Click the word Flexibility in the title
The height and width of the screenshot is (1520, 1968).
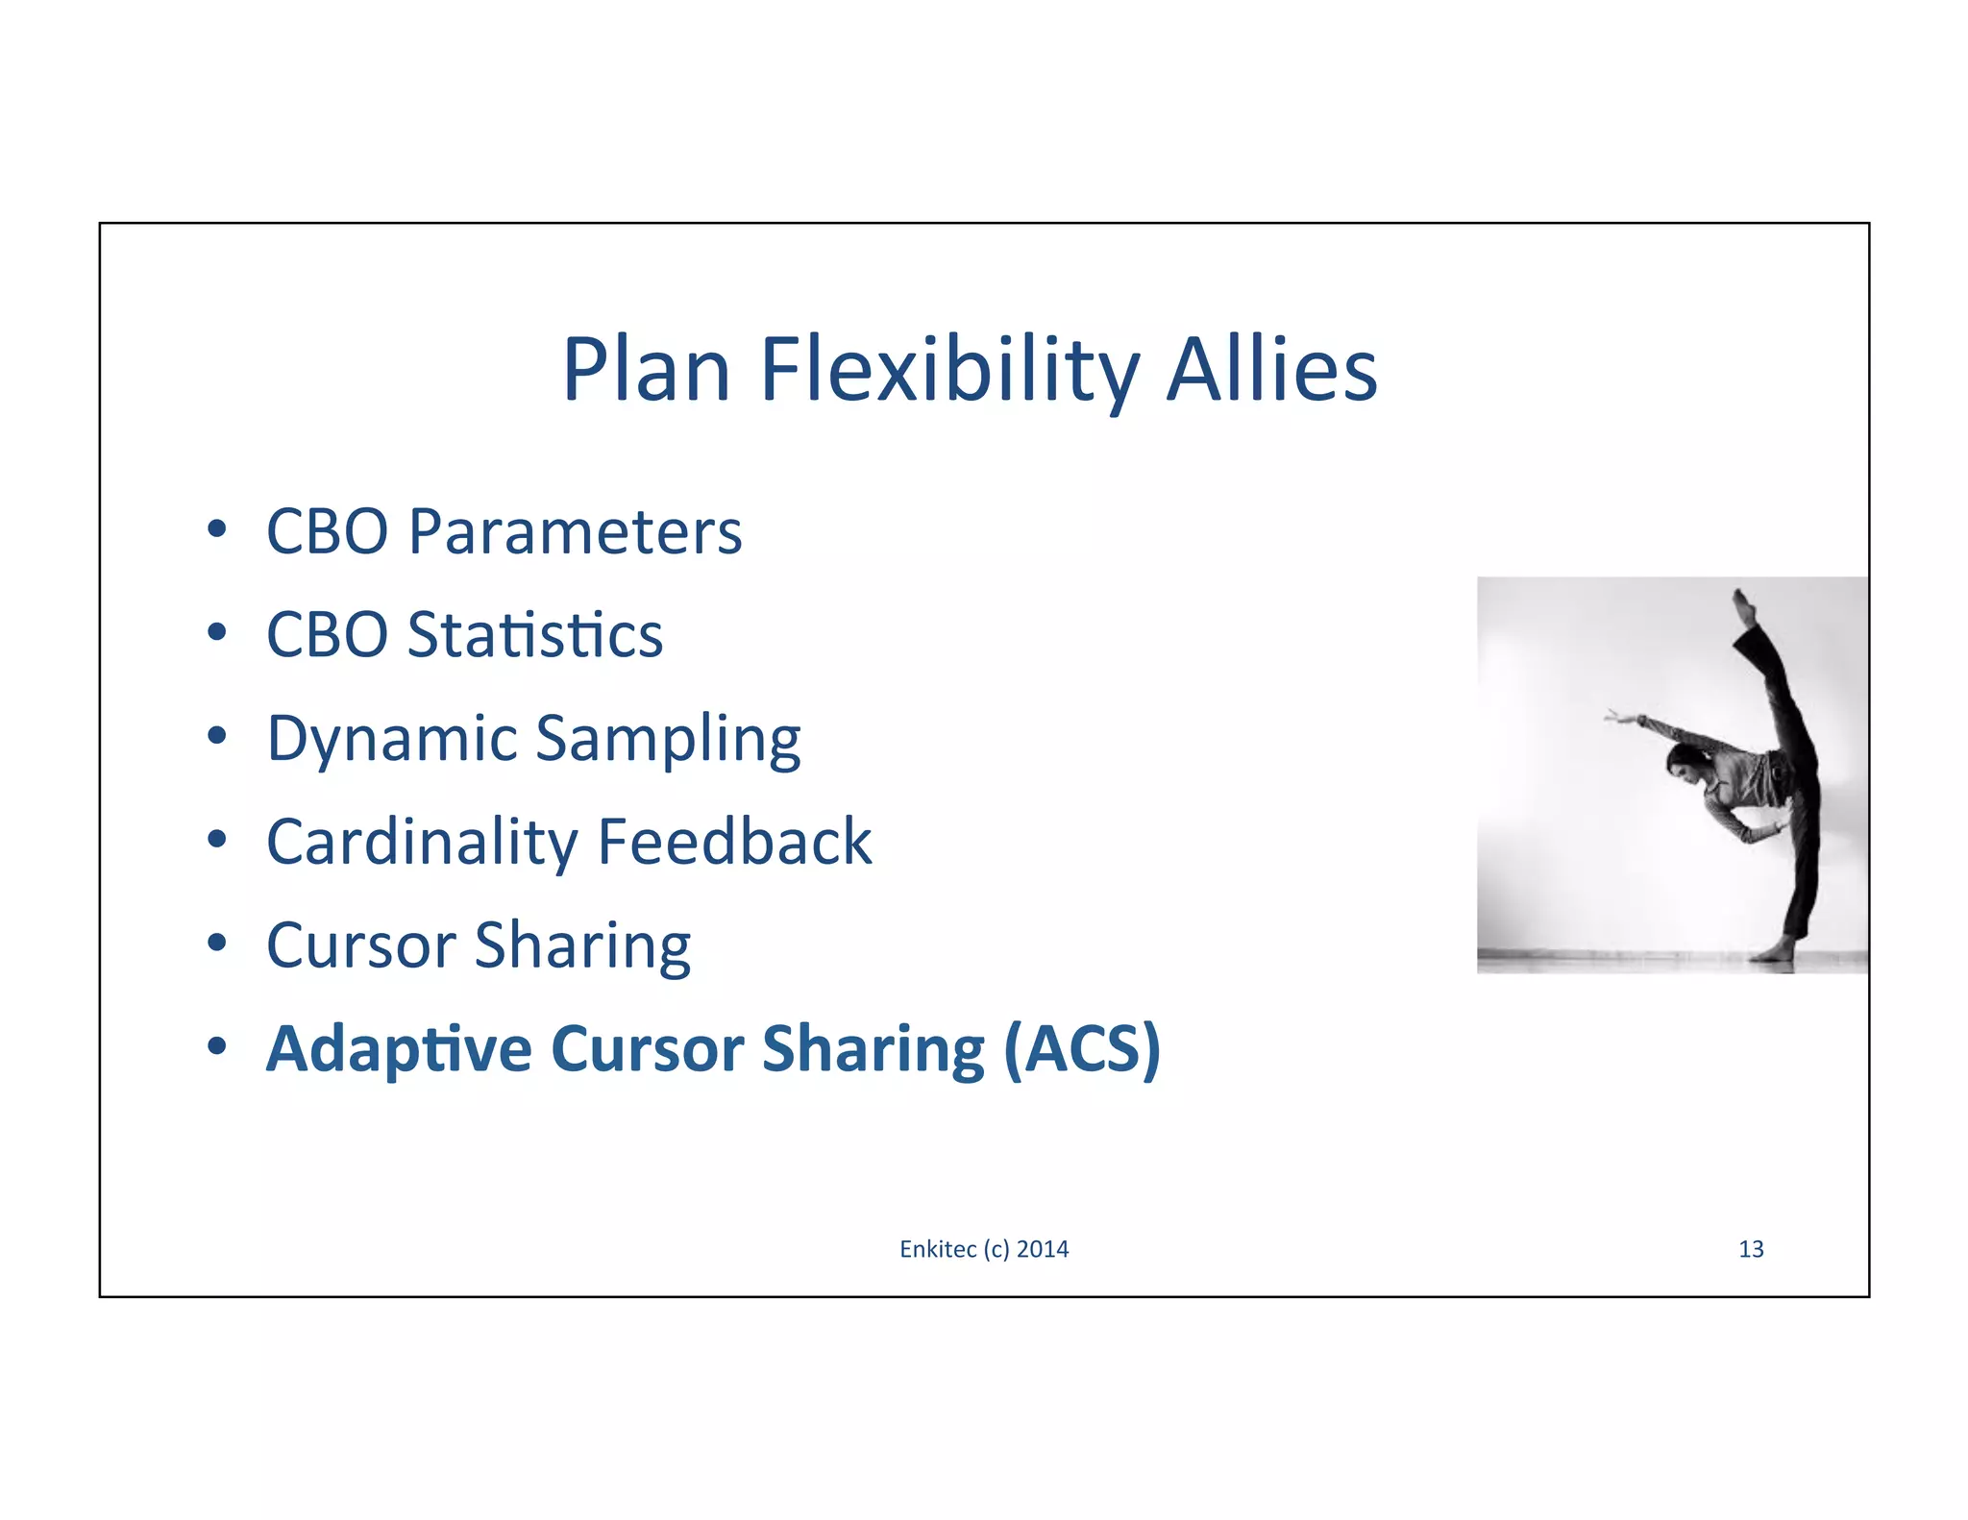click(949, 371)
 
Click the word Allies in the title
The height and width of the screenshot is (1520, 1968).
click(1271, 371)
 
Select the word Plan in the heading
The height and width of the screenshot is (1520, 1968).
click(646, 371)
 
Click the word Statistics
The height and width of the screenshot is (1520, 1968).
click(534, 635)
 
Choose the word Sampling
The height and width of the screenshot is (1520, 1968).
click(667, 739)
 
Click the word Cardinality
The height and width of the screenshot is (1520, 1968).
click(421, 843)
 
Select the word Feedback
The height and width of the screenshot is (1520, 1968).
click(734, 843)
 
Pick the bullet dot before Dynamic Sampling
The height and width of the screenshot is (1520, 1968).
click(217, 736)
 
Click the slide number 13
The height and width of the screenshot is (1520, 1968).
click(1751, 1249)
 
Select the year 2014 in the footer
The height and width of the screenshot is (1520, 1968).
click(1043, 1249)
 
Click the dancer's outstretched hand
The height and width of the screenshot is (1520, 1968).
click(1612, 716)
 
